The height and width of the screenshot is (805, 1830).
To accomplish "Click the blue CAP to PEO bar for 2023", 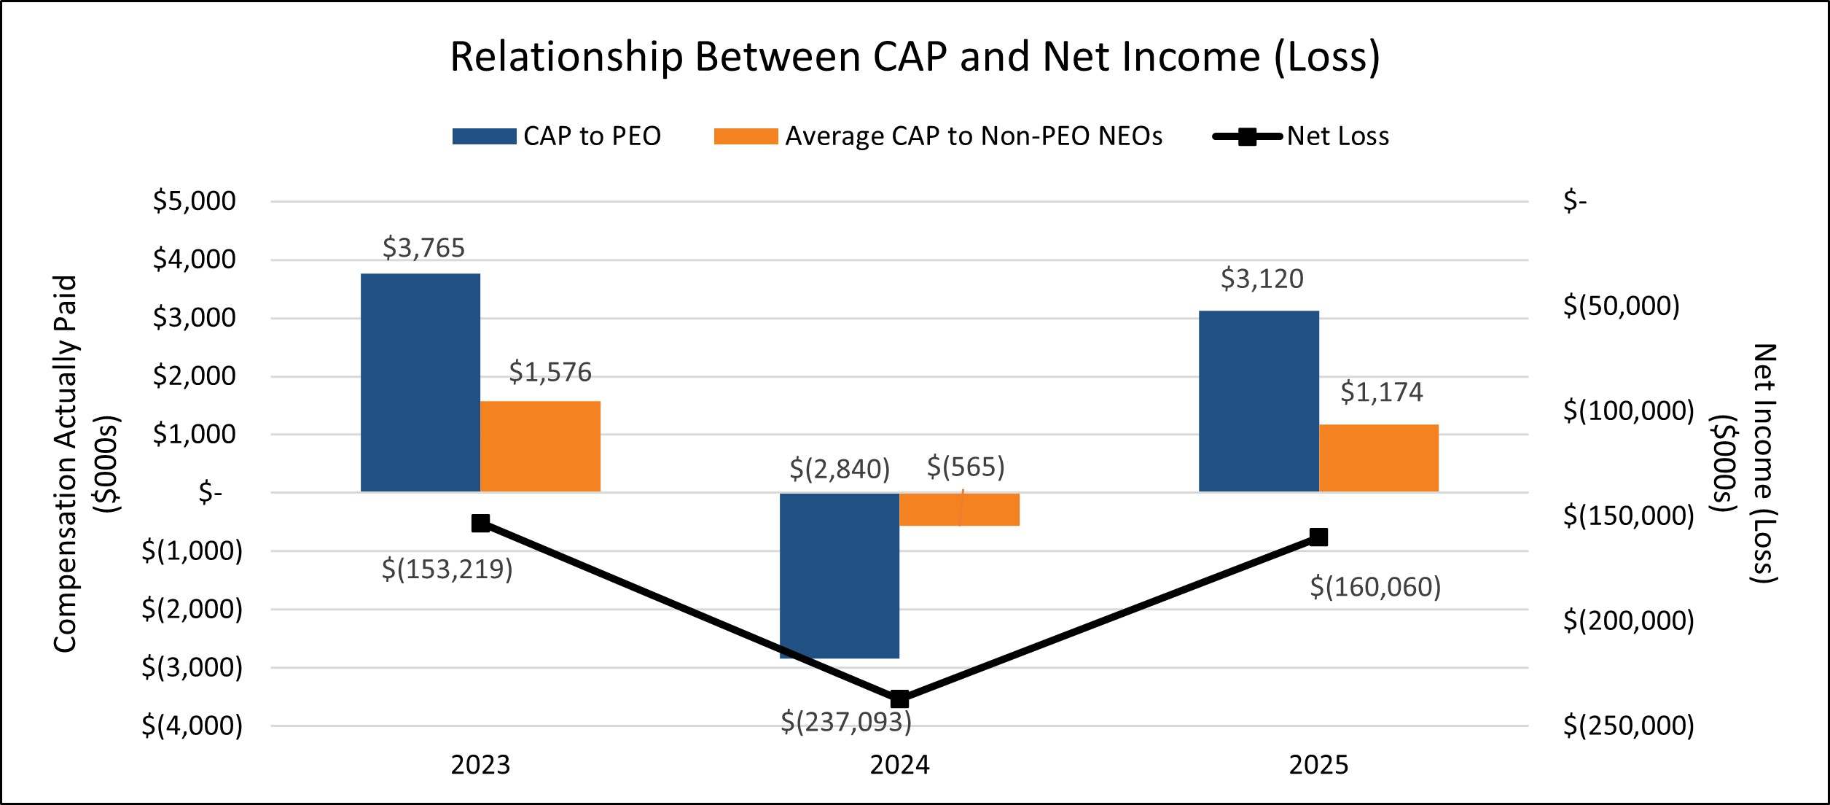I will point(421,383).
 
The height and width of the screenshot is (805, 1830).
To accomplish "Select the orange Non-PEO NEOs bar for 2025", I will point(1378,458).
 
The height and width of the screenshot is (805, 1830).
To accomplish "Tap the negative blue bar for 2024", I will point(839,575).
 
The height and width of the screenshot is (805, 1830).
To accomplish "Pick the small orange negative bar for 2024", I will point(959,509).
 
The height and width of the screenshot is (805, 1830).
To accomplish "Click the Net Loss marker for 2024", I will point(899,699).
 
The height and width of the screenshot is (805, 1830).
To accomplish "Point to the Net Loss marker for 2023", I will point(480,523).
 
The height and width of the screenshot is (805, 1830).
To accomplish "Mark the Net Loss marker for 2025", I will point(1318,537).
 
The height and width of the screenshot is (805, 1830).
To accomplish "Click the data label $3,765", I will point(423,248).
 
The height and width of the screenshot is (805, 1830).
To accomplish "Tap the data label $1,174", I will point(1381,392).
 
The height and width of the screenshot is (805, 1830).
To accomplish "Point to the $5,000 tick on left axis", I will point(194,201).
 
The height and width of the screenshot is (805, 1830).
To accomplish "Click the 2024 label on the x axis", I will point(899,765).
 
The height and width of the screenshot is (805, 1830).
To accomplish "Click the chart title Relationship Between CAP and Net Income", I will point(915,56).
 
